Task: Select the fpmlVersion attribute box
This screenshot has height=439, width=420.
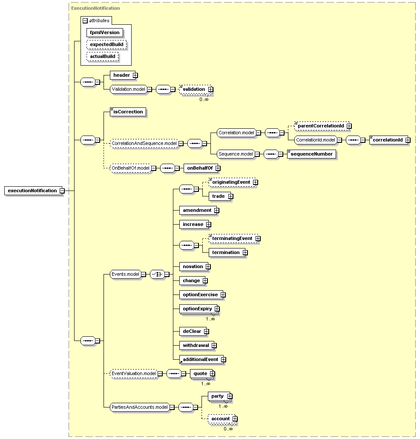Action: (x=105, y=32)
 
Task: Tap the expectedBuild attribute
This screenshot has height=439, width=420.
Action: (x=106, y=44)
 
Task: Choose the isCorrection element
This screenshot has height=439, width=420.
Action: (x=128, y=112)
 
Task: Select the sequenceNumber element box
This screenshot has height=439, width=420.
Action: (x=311, y=154)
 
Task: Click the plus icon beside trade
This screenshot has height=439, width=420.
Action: (x=230, y=196)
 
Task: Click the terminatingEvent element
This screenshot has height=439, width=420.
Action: (x=233, y=239)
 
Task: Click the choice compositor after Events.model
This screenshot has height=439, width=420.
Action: (x=157, y=274)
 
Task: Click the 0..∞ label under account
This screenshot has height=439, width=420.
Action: (x=228, y=429)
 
